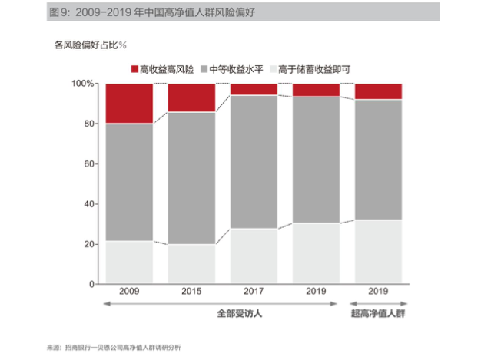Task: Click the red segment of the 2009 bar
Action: pyautogui.click(x=129, y=104)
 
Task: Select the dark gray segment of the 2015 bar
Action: pyautogui.click(x=191, y=178)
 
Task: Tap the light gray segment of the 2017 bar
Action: pyautogui.click(x=254, y=256)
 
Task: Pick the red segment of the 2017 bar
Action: pyautogui.click(x=254, y=89)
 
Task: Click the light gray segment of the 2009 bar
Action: pyautogui.click(x=129, y=263)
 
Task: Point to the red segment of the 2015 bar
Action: pyautogui.click(x=191, y=97)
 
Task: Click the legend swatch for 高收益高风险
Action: pyautogui.click(x=135, y=69)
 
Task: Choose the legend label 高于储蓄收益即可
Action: pyautogui.click(x=314, y=69)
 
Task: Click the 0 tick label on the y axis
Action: pyautogui.click(x=91, y=284)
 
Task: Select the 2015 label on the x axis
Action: pyautogui.click(x=191, y=292)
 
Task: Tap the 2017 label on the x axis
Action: pyautogui.click(x=254, y=292)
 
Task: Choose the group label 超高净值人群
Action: pyautogui.click(x=377, y=313)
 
